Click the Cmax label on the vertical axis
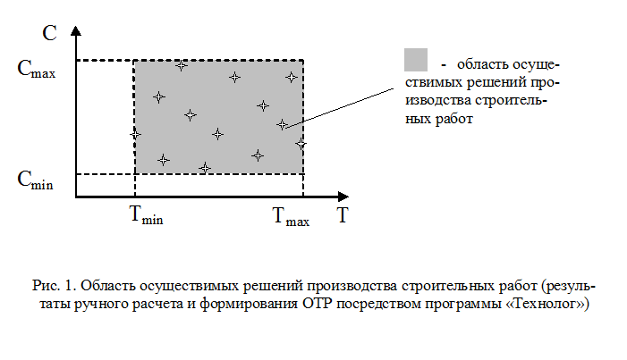pos(37,69)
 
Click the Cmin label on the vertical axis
pos(35,180)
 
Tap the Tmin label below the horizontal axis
pos(147,215)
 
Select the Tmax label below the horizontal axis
pos(291,216)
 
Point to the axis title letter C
pos(49,33)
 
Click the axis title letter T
pos(343,215)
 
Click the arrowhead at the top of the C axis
pos(75,30)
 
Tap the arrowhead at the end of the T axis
pos(343,197)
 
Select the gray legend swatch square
pos(416,60)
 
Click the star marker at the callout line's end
pos(282,125)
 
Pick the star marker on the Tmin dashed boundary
pos(135,135)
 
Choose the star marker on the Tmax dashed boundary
pos(301,144)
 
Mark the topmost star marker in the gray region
pos(182,65)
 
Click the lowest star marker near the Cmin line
pos(205,168)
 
